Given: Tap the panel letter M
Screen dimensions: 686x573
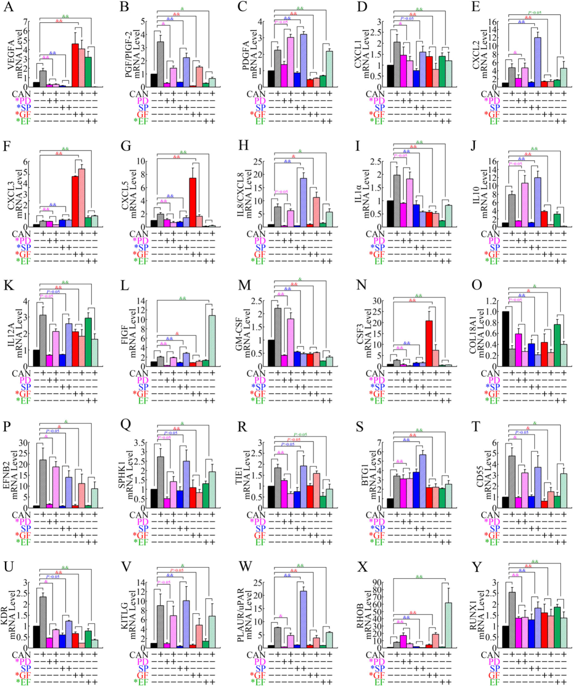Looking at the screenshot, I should (244, 285).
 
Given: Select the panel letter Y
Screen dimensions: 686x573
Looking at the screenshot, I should (477, 567).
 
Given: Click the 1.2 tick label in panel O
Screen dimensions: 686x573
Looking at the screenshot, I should (491, 301).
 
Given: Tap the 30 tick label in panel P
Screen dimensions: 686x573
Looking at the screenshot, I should (23, 442).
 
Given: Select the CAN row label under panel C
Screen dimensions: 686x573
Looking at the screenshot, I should (256, 94).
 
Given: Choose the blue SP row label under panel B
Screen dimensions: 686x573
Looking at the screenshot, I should (143, 108).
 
